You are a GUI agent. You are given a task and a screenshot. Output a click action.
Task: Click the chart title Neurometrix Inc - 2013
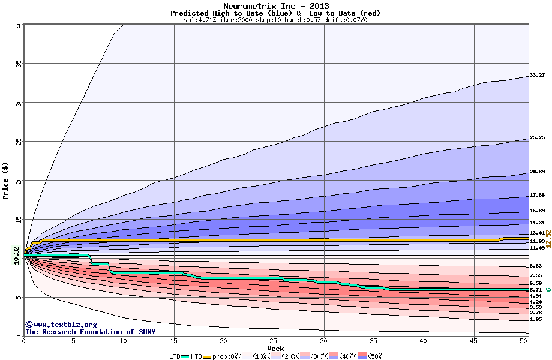[275, 5]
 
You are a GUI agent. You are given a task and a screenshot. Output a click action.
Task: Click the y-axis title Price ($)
[6, 180]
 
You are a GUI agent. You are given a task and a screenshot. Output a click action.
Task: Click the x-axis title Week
[275, 348]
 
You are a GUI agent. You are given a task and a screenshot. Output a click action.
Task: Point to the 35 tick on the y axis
[18, 63]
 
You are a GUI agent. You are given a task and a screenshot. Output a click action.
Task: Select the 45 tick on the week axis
[473, 341]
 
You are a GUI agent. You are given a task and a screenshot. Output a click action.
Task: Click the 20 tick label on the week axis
[224, 341]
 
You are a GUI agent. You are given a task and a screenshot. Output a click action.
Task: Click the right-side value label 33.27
[537, 75]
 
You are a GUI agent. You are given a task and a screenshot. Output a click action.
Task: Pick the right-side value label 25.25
[537, 137]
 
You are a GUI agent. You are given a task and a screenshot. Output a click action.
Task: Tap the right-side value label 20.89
[537, 172]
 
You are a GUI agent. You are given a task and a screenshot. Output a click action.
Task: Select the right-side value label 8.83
[536, 266]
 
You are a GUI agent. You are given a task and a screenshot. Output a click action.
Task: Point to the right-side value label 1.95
[536, 319]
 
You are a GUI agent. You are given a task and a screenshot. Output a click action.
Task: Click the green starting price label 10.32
[16, 254]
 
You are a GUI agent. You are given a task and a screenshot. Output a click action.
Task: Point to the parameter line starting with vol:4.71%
[275, 20]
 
